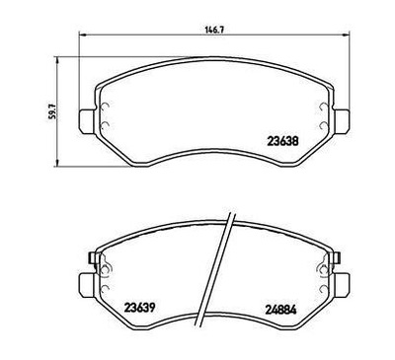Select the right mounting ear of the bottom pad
point(346,274)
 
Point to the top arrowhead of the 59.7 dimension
point(61,55)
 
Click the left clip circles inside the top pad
point(103,107)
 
